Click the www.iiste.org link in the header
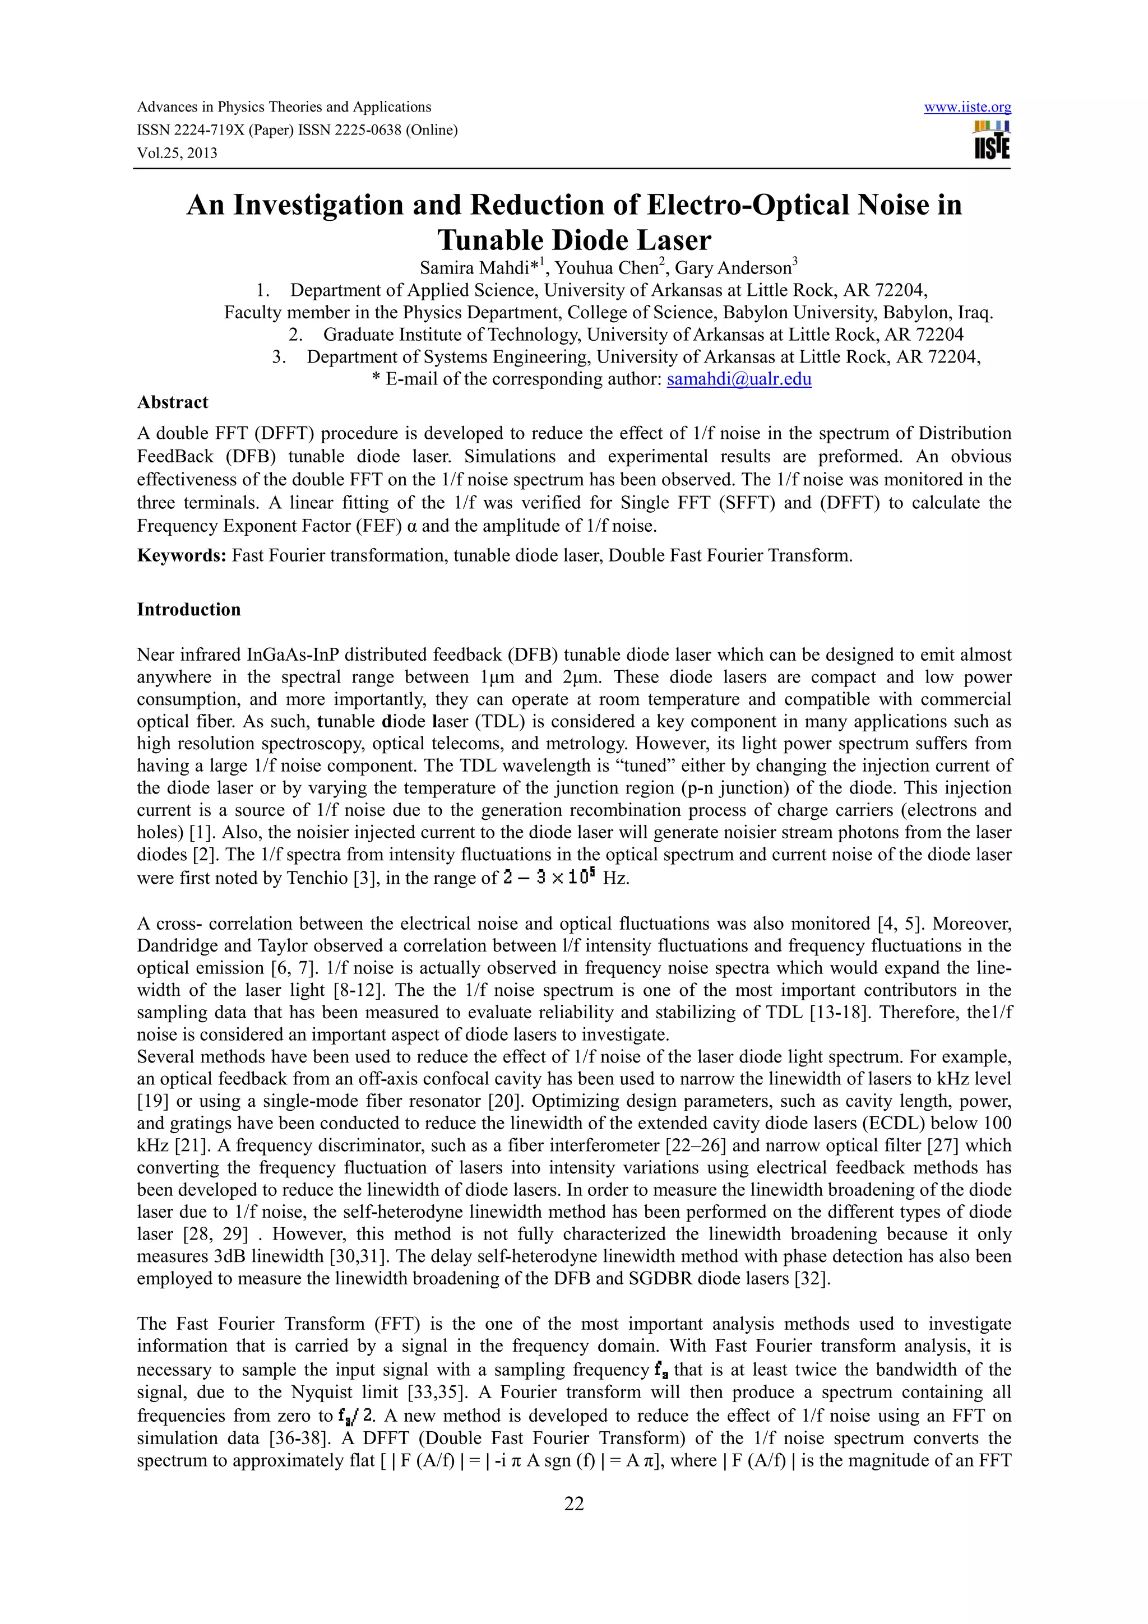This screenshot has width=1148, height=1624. pyautogui.click(x=967, y=108)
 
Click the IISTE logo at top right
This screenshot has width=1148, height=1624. pyautogui.click(x=991, y=140)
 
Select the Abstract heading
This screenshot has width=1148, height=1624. pyautogui.click(x=173, y=402)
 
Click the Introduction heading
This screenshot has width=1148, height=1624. pyautogui.click(x=188, y=610)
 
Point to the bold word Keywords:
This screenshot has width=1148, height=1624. pyautogui.click(x=181, y=556)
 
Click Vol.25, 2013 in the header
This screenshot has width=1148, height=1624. pyautogui.click(x=177, y=154)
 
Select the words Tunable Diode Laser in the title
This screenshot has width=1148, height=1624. pyautogui.click(x=573, y=240)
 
